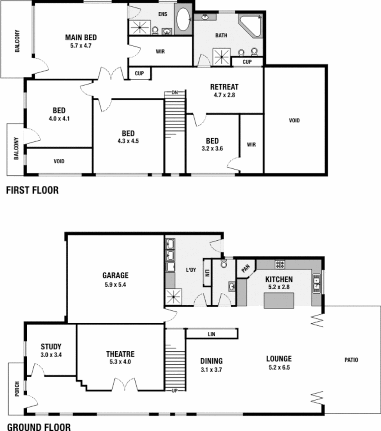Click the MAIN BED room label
point(81,38)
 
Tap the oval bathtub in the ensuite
point(183,19)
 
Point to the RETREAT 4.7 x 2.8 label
point(224,91)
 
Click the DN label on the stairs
point(175,93)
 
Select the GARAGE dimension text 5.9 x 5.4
point(115,285)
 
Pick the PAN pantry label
point(245,269)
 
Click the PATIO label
point(351,360)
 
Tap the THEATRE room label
point(120,354)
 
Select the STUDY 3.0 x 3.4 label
point(51,350)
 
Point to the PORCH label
point(17,390)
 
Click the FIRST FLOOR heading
point(32,190)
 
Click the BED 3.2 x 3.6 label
point(212,144)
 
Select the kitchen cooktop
point(280,264)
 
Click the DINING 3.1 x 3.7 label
point(211,365)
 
